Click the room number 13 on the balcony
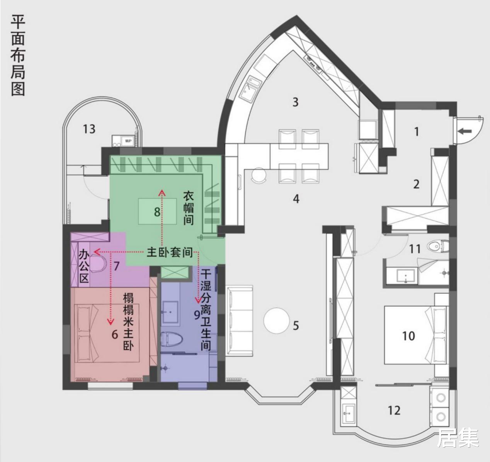pyautogui.click(x=89, y=129)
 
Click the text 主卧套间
pyautogui.click(x=169, y=253)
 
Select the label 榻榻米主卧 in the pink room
pyautogui.click(x=128, y=322)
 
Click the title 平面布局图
pyautogui.click(x=18, y=55)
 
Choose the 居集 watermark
pyautogui.click(x=458, y=438)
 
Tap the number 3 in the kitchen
pyautogui.click(x=295, y=102)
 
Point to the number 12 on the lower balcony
pyautogui.click(x=394, y=410)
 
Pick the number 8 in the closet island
pyautogui.click(x=157, y=212)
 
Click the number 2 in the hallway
pyautogui.click(x=416, y=184)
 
